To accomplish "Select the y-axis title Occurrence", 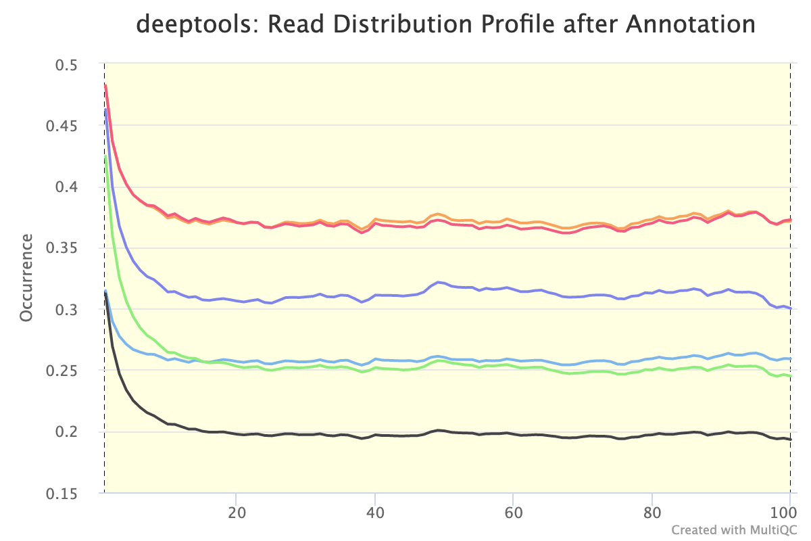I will (26, 278).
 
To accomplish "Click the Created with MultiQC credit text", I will (738, 529).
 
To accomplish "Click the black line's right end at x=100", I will (790, 440).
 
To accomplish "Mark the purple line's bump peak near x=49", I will (438, 281).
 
